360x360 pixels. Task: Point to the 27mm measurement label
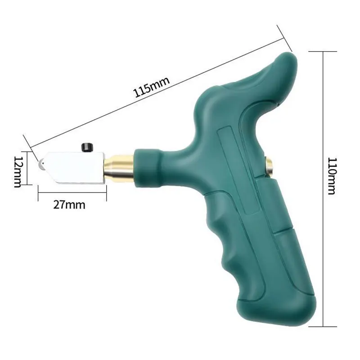[69, 205]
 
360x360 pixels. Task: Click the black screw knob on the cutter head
[86, 147]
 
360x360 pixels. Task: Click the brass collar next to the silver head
[119, 166]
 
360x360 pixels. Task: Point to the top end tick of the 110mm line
[323, 51]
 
